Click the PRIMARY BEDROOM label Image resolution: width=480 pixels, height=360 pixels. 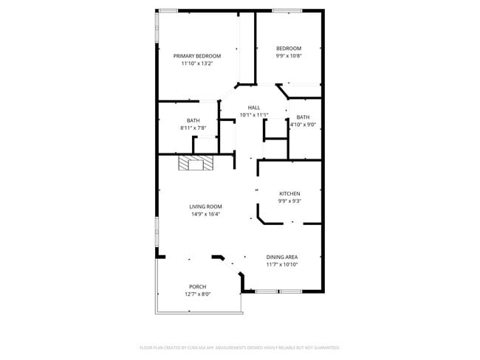196,56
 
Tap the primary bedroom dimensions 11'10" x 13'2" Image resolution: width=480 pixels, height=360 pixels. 196,63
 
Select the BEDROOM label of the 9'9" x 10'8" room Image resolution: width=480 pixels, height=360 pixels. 289,49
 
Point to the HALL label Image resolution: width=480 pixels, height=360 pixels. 254,108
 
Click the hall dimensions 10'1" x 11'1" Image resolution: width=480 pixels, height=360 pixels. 254,115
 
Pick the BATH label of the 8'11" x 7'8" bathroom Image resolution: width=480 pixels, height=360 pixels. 193,120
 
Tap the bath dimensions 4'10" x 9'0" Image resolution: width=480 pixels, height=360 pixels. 303,125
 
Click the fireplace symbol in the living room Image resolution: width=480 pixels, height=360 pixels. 195,163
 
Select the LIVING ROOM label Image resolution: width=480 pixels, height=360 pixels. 205,207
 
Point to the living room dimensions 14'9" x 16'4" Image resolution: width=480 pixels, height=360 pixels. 205,214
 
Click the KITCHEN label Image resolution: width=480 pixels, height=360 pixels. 289,193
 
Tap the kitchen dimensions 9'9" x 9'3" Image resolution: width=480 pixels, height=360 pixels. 289,201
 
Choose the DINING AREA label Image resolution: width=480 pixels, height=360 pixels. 282,257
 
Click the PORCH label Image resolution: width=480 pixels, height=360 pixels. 197,286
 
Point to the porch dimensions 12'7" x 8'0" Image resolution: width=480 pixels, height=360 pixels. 197,294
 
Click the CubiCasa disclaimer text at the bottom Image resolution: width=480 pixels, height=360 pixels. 239,347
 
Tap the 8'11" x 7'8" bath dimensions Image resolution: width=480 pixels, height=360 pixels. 193,128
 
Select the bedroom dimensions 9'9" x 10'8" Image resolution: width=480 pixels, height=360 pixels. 289,56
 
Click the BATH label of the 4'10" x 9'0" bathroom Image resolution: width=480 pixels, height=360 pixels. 303,117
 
